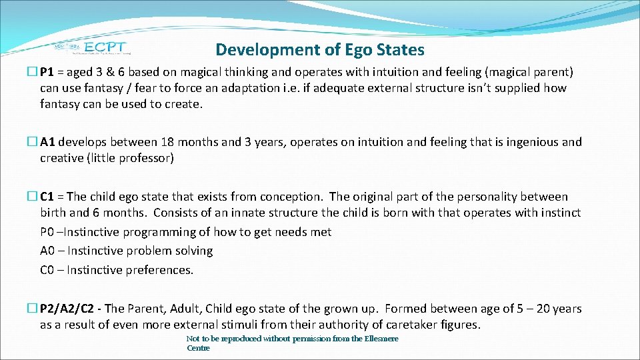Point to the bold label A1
point(48,142)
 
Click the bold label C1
point(48,197)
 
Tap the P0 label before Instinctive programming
point(47,232)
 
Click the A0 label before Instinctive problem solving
point(47,251)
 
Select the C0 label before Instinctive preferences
point(47,270)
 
